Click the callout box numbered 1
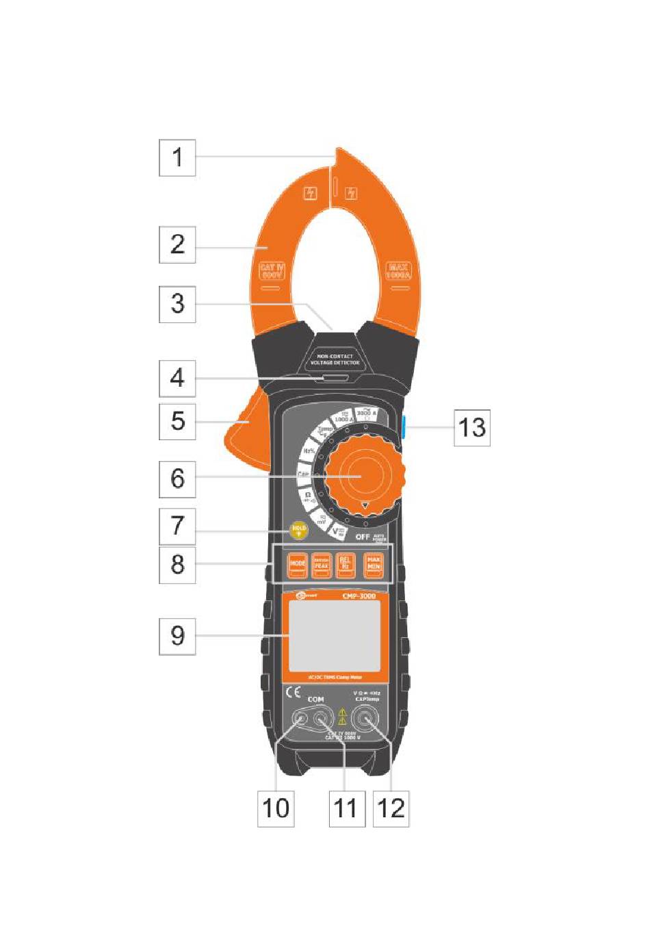tap(177, 157)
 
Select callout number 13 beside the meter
tap(472, 428)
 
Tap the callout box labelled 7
tap(177, 526)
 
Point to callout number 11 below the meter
tap(346, 808)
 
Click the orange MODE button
tap(297, 564)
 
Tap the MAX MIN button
tap(374, 564)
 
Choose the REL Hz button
tap(346, 564)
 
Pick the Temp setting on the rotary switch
tap(325, 431)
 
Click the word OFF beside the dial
tap(363, 537)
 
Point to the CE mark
tap(293, 692)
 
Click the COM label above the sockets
tap(315, 700)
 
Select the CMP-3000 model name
tap(359, 596)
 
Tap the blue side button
tap(405, 428)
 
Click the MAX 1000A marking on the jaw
tap(398, 271)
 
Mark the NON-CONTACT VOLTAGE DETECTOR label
tap(335, 359)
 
